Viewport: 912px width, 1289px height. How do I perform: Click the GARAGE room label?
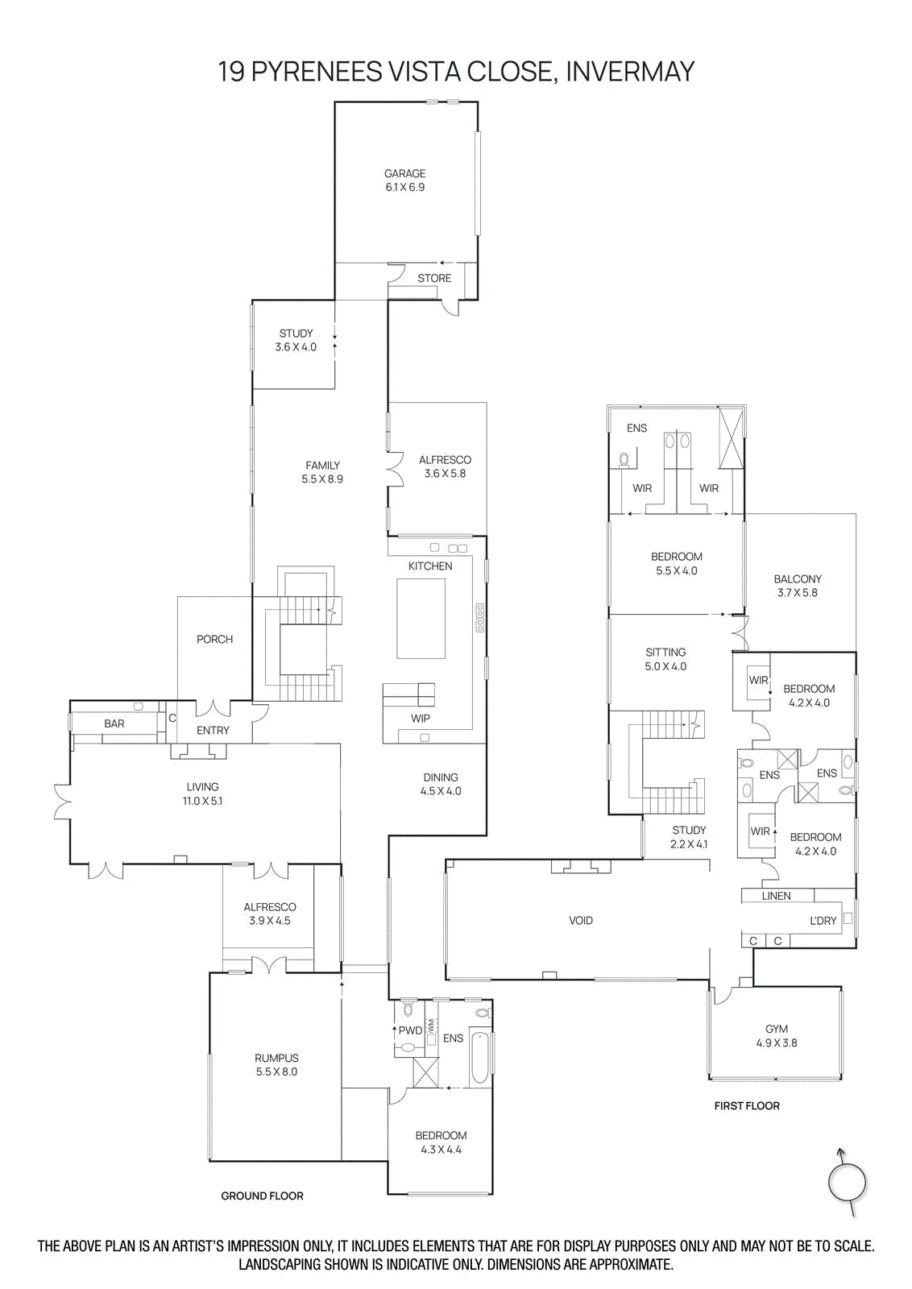pos(404,173)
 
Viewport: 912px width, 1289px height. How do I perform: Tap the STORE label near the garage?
pos(434,278)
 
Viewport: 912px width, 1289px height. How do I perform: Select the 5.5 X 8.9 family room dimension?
pos(322,479)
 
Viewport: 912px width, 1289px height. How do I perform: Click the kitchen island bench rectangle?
pos(421,618)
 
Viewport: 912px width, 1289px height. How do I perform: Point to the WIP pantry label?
pos(421,719)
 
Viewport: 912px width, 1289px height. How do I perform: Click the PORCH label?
pos(214,639)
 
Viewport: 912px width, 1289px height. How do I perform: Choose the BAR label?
pos(114,723)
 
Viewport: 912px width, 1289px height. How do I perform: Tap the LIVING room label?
pos(202,787)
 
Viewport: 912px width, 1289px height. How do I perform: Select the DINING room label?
pos(441,777)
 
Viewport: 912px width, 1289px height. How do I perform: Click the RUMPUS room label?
pos(276,1058)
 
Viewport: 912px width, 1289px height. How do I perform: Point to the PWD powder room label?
pos(410,1030)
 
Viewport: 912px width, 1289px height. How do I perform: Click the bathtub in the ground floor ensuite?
pos(480,1058)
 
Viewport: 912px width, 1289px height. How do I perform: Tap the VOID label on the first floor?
pos(581,920)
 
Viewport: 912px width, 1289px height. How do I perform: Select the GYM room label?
pos(777,1029)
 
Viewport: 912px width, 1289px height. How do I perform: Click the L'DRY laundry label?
pos(823,920)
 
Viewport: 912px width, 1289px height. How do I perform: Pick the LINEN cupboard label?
pos(776,896)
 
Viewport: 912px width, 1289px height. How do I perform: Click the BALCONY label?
pos(798,578)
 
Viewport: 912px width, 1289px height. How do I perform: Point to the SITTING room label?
pos(665,653)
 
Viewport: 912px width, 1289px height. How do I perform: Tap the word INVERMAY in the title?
pos(629,72)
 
